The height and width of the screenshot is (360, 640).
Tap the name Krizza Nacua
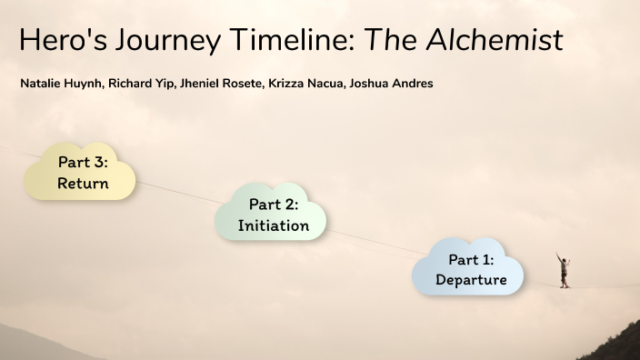[305, 84]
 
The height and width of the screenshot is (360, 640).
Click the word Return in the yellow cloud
[83, 184]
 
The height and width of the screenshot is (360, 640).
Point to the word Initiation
[273, 225]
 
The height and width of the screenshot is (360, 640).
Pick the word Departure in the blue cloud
[471, 280]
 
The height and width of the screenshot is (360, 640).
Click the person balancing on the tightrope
[564, 270]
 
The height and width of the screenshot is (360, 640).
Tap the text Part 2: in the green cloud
[274, 205]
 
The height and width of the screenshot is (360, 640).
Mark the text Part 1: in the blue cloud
[471, 259]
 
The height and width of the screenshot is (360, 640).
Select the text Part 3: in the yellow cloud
[83, 163]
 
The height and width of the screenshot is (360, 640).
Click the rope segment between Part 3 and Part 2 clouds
[177, 190]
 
